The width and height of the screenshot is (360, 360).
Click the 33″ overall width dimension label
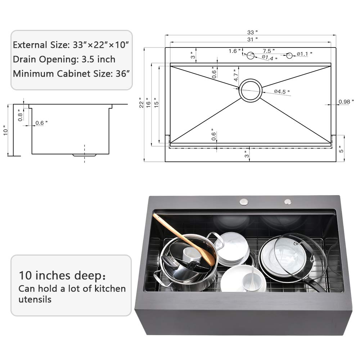click(251, 32)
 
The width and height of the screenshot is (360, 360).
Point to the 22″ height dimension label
click(146, 103)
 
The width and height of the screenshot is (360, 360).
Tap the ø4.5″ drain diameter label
click(282, 92)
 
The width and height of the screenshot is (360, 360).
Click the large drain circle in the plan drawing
click(250, 90)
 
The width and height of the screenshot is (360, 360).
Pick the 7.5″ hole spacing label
click(269, 51)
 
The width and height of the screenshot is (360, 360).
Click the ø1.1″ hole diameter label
click(305, 54)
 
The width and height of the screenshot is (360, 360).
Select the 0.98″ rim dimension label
click(346, 102)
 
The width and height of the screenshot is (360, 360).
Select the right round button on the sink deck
click(287, 202)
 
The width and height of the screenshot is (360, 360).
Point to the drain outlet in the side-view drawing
click(85, 155)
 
